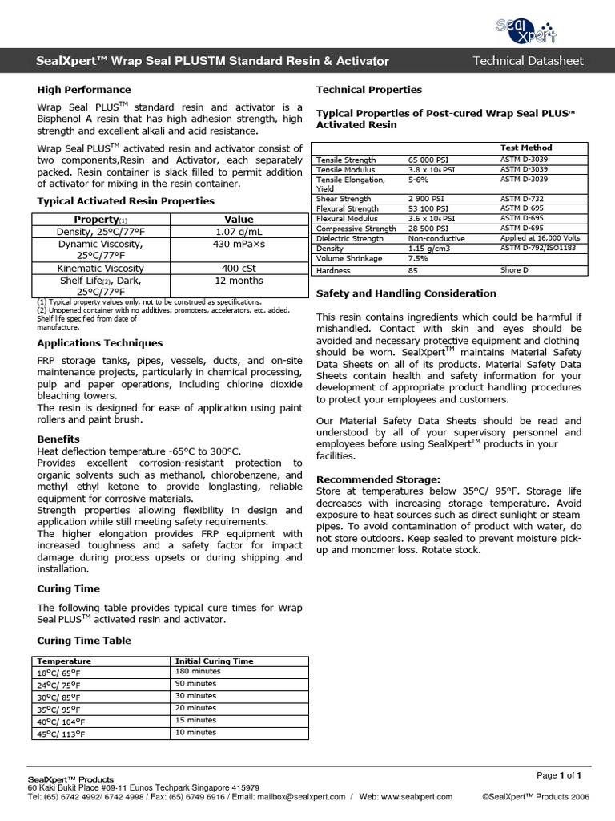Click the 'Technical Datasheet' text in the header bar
tap(528, 61)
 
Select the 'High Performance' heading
tap(84, 90)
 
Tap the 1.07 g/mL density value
tap(238, 232)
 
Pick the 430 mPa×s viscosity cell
tap(238, 244)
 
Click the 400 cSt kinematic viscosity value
tap(238, 268)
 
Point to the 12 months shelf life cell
tap(238, 281)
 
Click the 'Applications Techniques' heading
tap(100, 343)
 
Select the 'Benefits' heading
tap(58, 439)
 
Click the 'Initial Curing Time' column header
tap(214, 661)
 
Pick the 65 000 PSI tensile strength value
tap(430, 160)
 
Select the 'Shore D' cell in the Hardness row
tap(513, 270)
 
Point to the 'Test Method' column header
tap(526, 148)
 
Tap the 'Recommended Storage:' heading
tap(378, 479)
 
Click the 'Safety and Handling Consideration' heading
tap(406, 293)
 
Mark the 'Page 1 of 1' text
tap(558, 775)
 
